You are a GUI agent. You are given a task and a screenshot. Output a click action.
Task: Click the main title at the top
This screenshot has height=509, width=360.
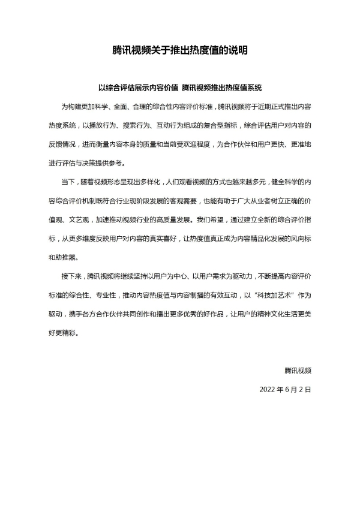(x=180, y=51)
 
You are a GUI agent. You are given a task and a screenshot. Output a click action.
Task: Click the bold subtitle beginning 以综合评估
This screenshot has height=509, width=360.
(x=180, y=87)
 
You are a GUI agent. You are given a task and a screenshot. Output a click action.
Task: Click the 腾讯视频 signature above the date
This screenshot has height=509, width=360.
(x=298, y=370)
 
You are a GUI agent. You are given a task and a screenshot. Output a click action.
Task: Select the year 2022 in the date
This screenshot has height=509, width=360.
(x=268, y=389)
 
